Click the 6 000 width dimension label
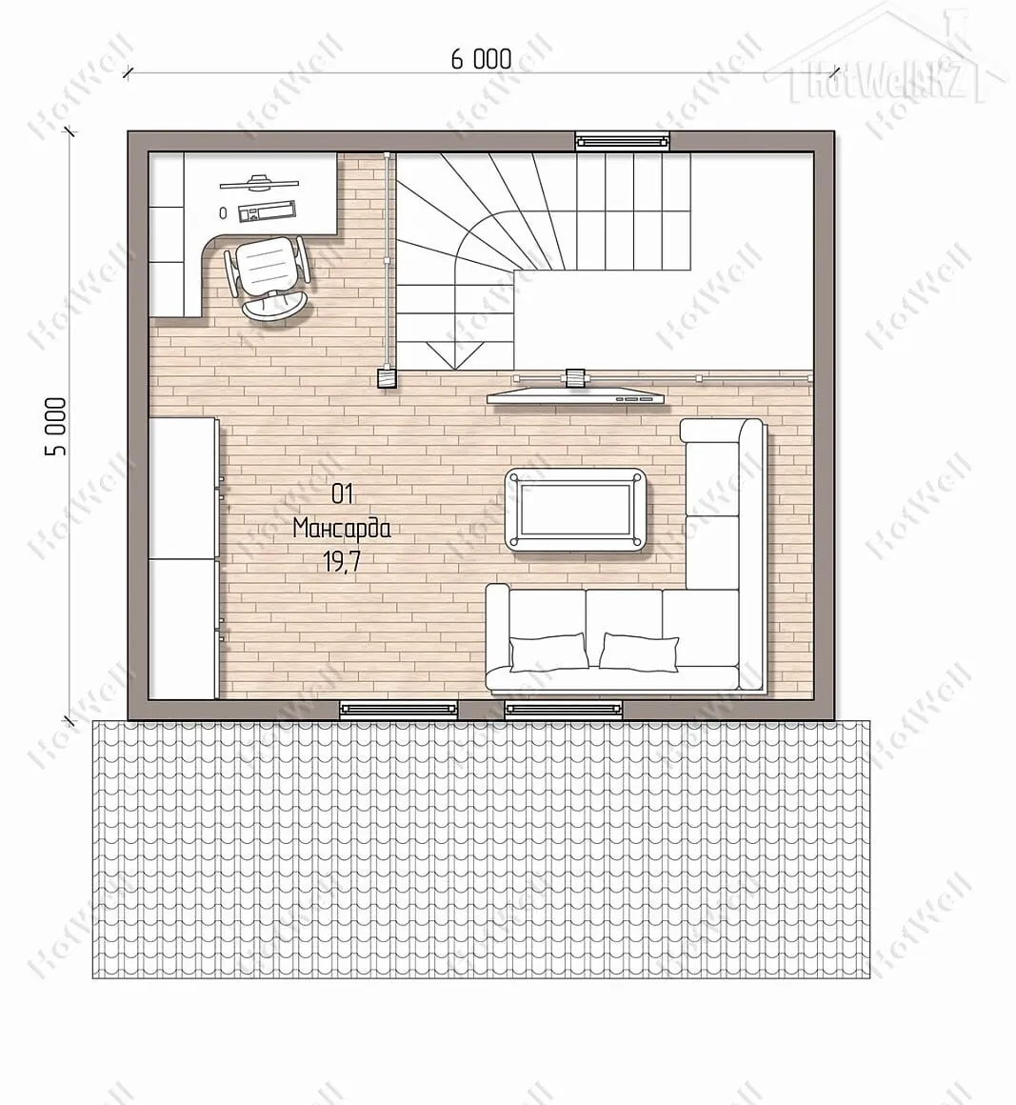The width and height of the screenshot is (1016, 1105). click(x=481, y=60)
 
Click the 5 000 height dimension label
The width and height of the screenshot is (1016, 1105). click(x=56, y=427)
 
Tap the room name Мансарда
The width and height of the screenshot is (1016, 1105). click(x=342, y=529)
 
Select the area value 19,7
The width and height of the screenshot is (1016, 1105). click(x=342, y=562)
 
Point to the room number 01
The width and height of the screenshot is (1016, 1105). click(x=342, y=494)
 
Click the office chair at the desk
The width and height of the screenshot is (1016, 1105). click(x=268, y=278)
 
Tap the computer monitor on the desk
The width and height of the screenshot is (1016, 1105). click(x=259, y=183)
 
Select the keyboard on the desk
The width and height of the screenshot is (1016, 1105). click(x=267, y=211)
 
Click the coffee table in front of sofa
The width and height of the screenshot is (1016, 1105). click(x=576, y=510)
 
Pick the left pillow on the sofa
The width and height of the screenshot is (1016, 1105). click(x=548, y=652)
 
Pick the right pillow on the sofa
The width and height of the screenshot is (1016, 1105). click(x=638, y=652)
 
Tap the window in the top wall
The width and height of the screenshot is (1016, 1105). click(x=622, y=142)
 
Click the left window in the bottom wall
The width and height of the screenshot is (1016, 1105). click(x=399, y=710)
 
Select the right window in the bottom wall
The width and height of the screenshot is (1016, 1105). click(x=564, y=710)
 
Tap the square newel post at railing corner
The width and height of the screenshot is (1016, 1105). click(x=387, y=379)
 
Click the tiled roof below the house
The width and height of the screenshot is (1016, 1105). click(x=481, y=849)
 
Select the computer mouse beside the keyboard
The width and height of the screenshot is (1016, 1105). click(x=224, y=212)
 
